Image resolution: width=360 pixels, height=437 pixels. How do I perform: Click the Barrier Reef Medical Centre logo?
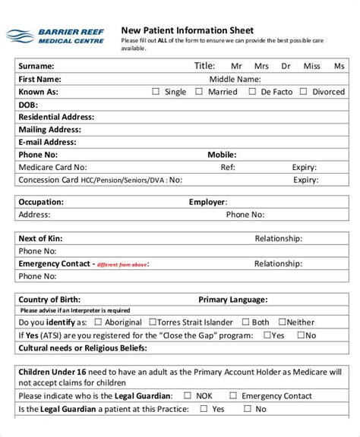pyautogui.click(x=54, y=36)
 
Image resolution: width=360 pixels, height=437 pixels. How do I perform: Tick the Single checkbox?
pyautogui.click(x=156, y=92)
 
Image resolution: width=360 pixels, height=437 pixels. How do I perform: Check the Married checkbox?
pyautogui.click(x=199, y=92)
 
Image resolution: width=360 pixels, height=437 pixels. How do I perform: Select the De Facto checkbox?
pyautogui.click(x=253, y=92)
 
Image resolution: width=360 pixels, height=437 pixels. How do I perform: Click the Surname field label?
pyautogui.click(x=36, y=66)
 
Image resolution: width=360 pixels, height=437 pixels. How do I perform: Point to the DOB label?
pyautogui.click(x=28, y=105)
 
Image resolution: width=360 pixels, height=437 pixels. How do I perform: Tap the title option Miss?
pyautogui.click(x=311, y=66)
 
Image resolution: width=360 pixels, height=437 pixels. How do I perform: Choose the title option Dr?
pyautogui.click(x=286, y=66)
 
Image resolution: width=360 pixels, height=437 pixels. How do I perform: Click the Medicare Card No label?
pyautogui.click(x=52, y=168)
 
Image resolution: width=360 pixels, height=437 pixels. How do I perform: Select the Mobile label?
pyautogui.click(x=223, y=155)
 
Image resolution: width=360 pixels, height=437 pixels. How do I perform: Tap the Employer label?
pyautogui.click(x=207, y=203)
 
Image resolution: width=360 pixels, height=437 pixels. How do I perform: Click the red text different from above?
pyautogui.click(x=123, y=265)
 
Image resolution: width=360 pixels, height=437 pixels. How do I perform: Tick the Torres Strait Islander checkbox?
pyautogui.click(x=153, y=322)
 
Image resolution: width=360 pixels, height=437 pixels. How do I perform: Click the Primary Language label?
pyautogui.click(x=232, y=300)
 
